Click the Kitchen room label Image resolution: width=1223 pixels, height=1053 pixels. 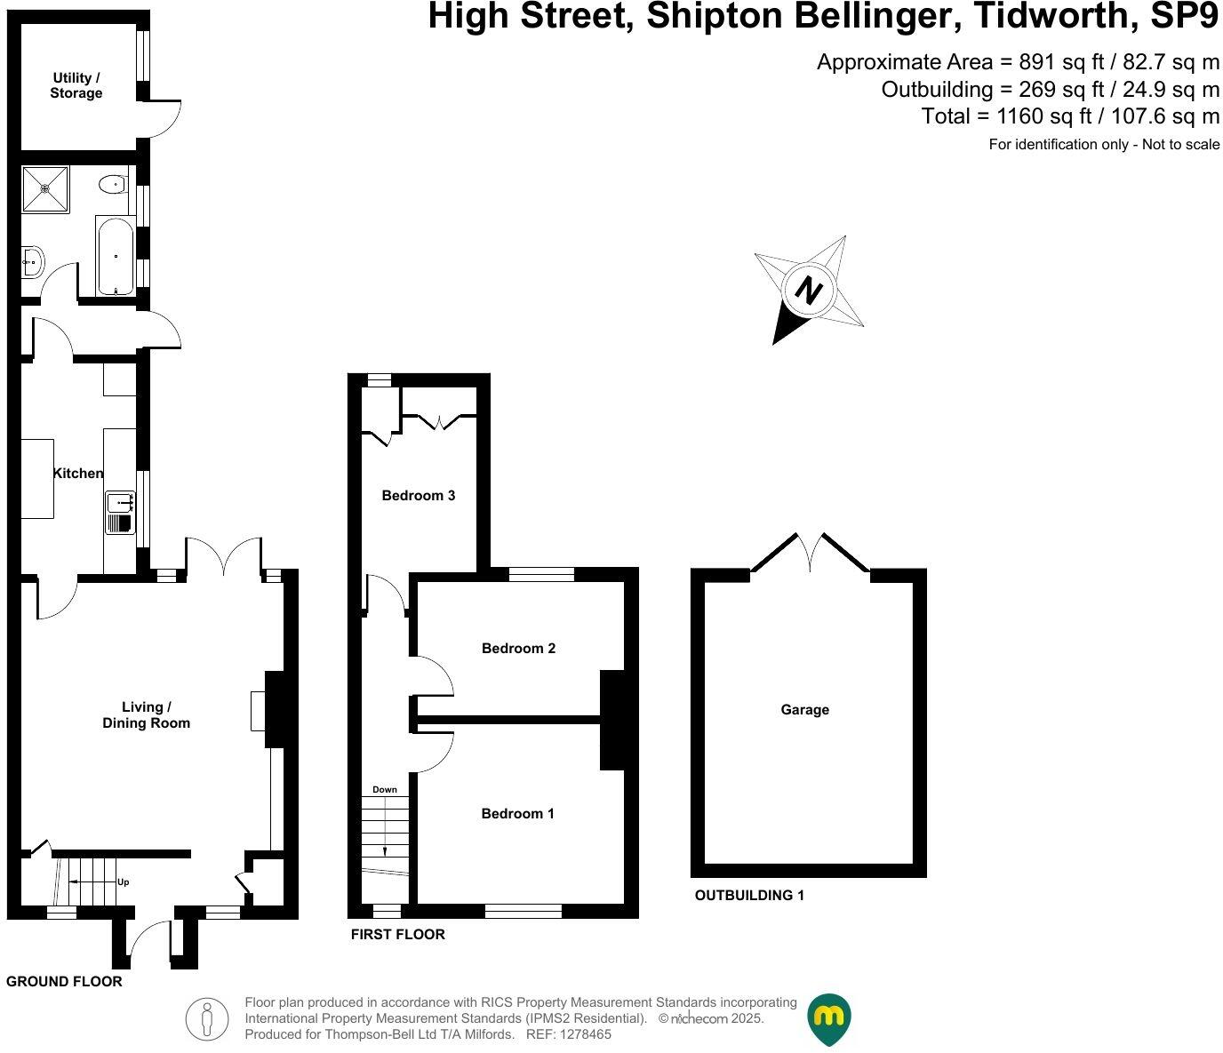tap(78, 474)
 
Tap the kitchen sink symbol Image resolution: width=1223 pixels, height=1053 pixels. tap(119, 512)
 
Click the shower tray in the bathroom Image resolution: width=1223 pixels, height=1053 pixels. tap(45, 188)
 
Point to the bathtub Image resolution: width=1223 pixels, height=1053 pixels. tap(116, 256)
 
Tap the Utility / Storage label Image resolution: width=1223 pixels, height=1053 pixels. tap(76, 85)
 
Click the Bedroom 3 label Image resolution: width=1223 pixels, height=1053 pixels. tap(419, 496)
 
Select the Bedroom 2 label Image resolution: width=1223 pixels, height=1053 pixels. tap(518, 649)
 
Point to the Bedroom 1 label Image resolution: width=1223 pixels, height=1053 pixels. tap(517, 814)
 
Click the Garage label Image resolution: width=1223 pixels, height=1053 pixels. tap(804, 710)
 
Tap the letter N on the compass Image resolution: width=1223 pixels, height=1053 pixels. tap(808, 290)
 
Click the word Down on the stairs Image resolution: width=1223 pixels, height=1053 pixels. tap(385, 790)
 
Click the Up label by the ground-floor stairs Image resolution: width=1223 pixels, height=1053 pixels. tap(124, 882)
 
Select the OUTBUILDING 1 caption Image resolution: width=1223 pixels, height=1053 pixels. tap(749, 896)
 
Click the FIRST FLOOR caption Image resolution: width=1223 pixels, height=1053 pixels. tap(397, 935)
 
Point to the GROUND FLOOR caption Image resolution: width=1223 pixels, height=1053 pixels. tap(64, 982)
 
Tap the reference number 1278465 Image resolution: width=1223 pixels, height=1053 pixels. tap(583, 1034)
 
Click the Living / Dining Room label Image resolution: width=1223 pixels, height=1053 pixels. tap(146, 715)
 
